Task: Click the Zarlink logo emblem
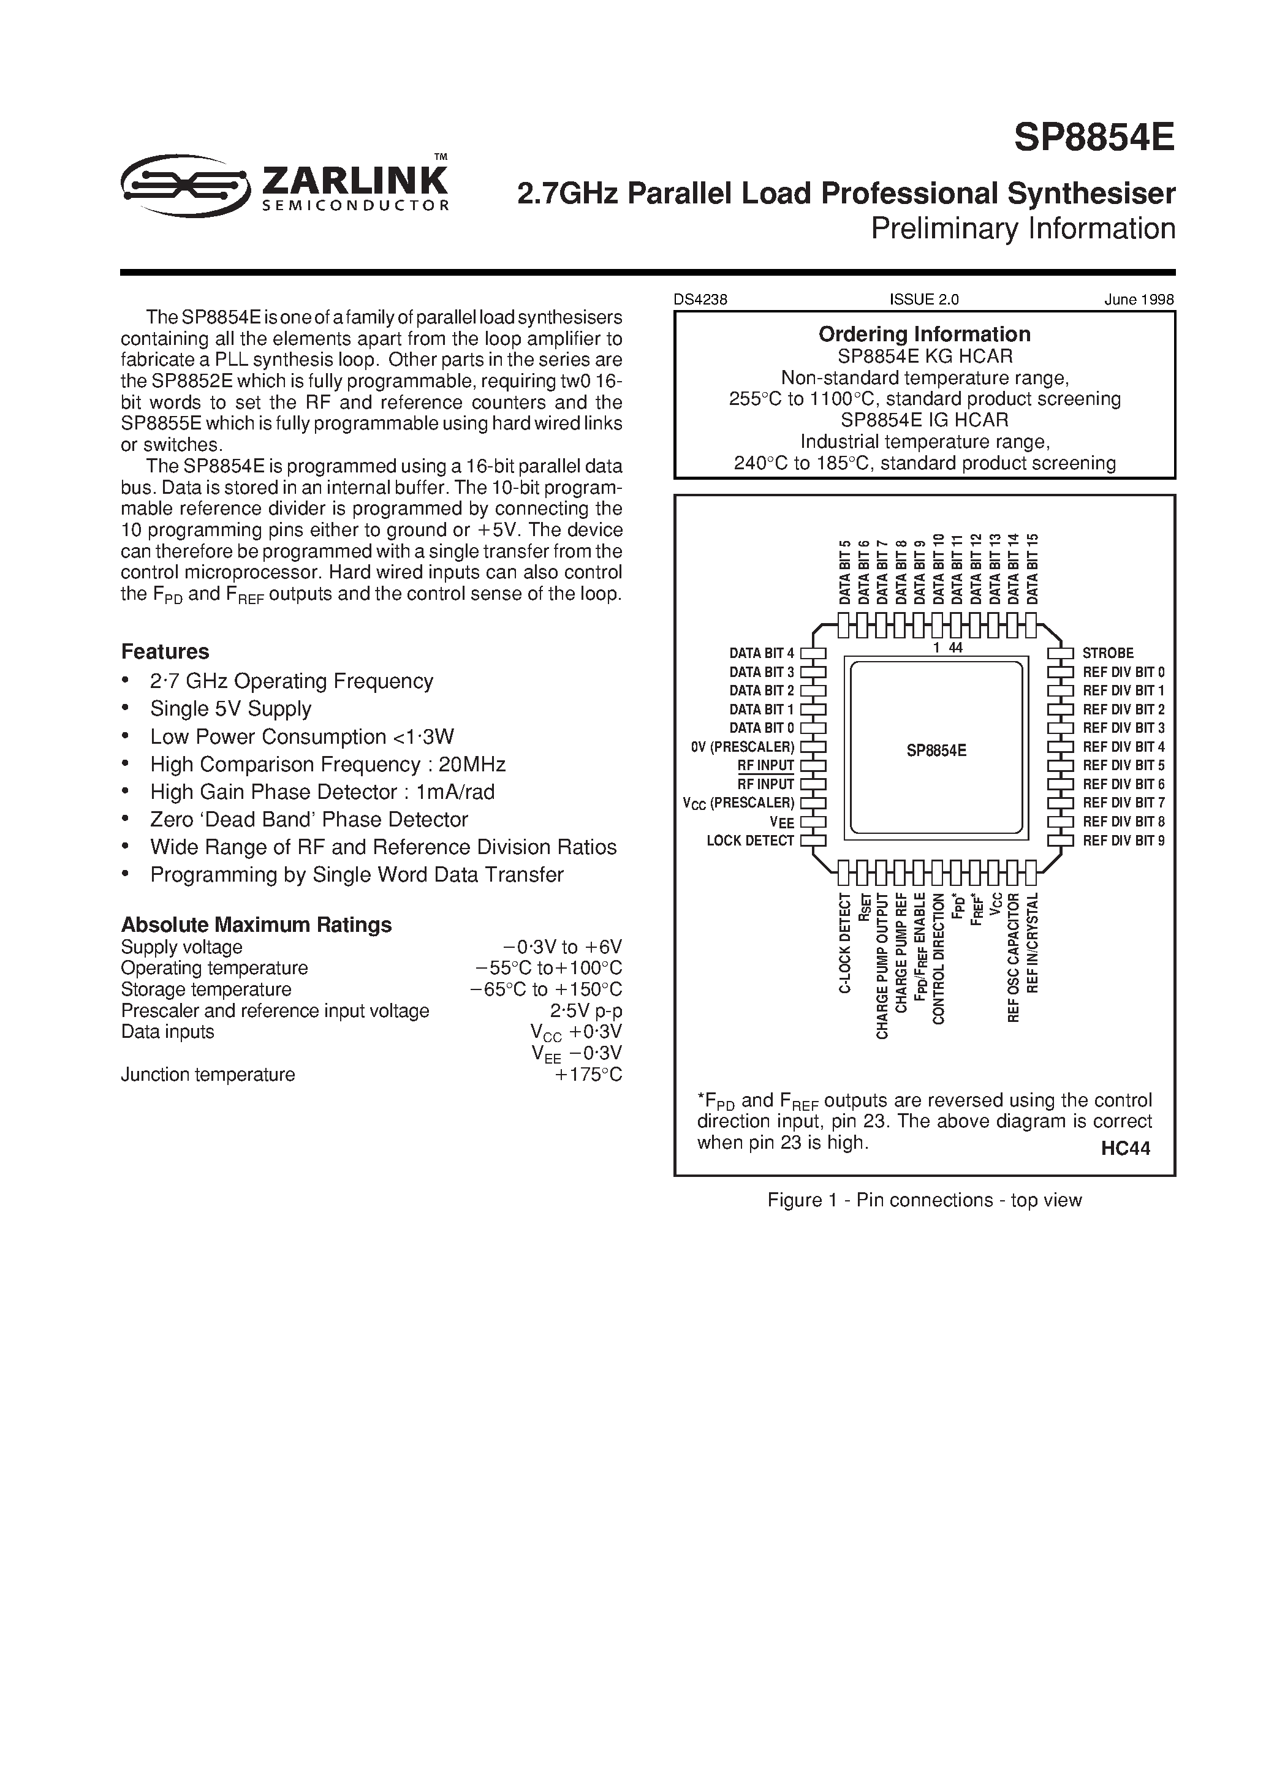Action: click(186, 184)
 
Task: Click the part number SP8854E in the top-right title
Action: click(1093, 138)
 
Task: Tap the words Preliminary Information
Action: click(1022, 229)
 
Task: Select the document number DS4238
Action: click(700, 299)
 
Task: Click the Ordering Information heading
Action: click(924, 335)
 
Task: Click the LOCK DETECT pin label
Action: click(750, 841)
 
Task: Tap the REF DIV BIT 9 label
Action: click(1123, 841)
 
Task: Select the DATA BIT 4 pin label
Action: click(762, 653)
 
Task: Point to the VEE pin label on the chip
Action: click(782, 822)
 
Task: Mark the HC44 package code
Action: click(1125, 1149)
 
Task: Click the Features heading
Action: click(165, 651)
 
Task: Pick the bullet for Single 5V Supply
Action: click(125, 709)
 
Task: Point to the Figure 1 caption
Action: click(924, 1200)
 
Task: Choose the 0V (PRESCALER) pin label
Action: click(742, 746)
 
